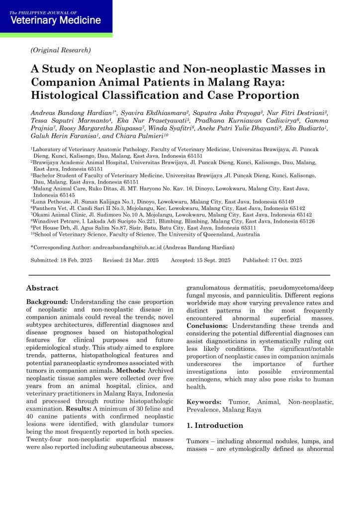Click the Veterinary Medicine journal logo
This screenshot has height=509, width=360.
tap(55, 18)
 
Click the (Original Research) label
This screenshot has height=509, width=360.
tap(61, 50)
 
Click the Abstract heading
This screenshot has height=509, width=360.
tap(42, 288)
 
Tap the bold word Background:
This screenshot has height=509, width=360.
tap(47, 302)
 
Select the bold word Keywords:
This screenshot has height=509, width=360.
tap(205, 401)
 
